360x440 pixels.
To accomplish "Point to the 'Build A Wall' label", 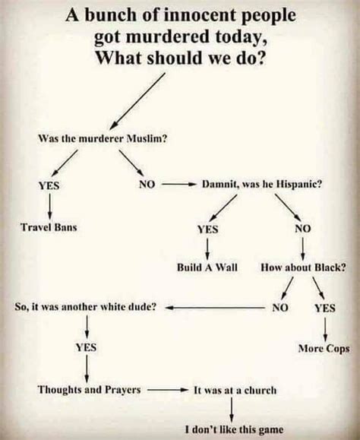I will click(207, 268).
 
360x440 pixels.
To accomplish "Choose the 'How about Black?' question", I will click(304, 268).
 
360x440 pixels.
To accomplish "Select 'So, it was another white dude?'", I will click(86, 308).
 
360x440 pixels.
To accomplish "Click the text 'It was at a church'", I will click(235, 390).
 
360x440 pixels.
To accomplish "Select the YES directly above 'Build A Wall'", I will click(208, 227).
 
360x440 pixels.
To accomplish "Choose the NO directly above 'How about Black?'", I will click(303, 227).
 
